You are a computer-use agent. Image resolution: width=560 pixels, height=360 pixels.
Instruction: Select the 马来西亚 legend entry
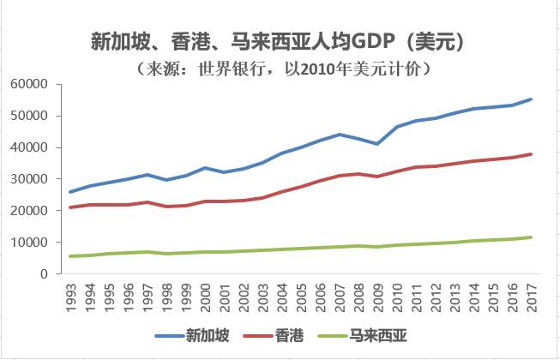click(375, 336)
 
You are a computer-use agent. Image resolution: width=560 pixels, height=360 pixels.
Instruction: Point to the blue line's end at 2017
click(532, 99)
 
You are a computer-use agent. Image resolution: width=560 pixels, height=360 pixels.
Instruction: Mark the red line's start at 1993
click(71, 207)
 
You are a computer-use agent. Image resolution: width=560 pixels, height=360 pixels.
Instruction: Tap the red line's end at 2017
click(532, 154)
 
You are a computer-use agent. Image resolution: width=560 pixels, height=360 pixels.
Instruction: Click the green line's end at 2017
click(532, 237)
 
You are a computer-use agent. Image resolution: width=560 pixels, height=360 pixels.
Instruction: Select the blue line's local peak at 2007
click(340, 135)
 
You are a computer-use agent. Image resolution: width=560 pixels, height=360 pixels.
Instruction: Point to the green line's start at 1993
click(71, 256)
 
